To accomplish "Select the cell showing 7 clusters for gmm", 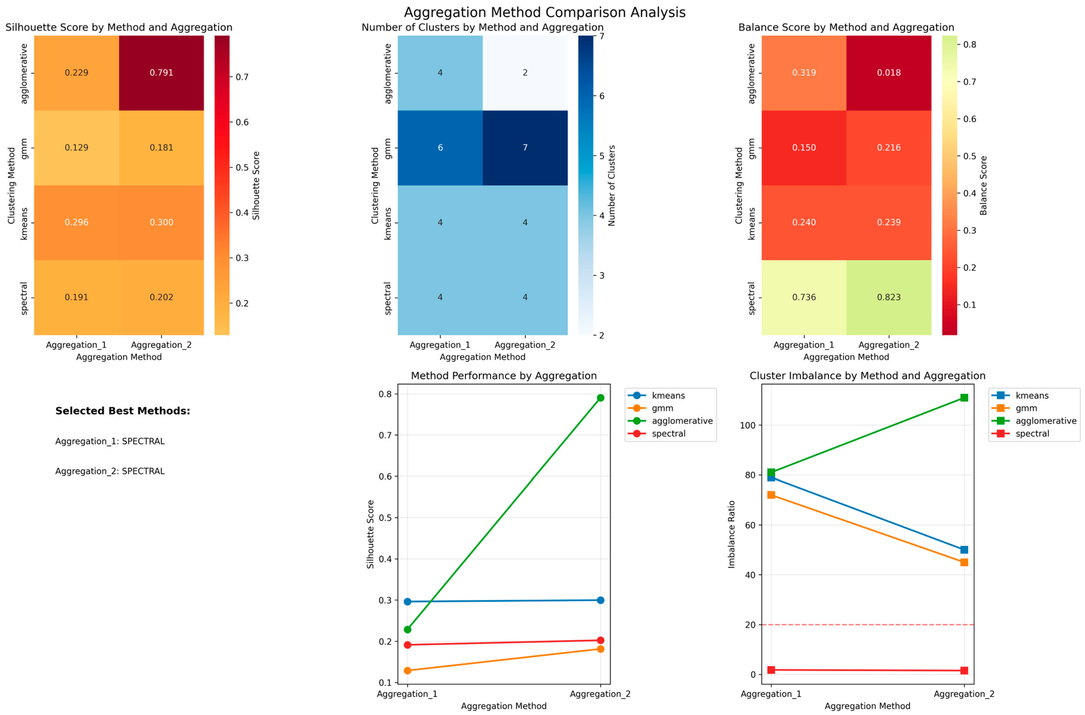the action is pos(525,148).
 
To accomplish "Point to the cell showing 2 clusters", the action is pos(525,73).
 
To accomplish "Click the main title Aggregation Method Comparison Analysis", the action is pos(545,12).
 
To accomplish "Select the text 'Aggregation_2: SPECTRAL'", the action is pos(110,471).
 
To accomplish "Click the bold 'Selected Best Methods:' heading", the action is pos(123,411).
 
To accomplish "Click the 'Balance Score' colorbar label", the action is pos(983,185).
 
